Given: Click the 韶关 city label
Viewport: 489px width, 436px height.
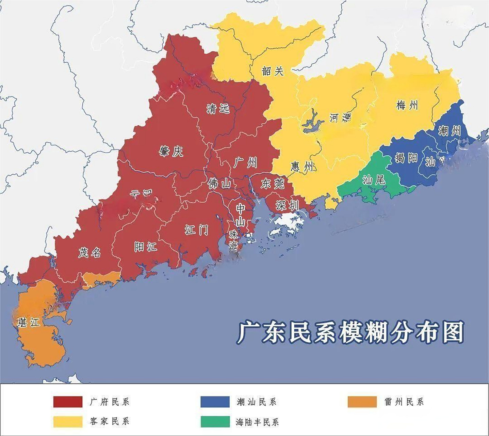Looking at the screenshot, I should pyautogui.click(x=273, y=71).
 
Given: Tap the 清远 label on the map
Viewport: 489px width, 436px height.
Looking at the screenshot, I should pyautogui.click(x=218, y=109).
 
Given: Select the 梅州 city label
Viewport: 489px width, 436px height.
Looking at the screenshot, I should pyautogui.click(x=407, y=105).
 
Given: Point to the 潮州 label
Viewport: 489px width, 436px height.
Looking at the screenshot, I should pyautogui.click(x=450, y=130).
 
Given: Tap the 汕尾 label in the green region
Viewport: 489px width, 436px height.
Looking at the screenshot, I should pyautogui.click(x=374, y=180).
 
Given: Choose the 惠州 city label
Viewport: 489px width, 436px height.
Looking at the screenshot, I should pyautogui.click(x=302, y=167).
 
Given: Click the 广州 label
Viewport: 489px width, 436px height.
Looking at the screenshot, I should pyautogui.click(x=245, y=163).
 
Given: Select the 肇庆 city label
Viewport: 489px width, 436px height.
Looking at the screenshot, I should pyautogui.click(x=171, y=151).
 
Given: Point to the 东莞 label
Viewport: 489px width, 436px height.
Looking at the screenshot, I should pyautogui.click(x=272, y=184).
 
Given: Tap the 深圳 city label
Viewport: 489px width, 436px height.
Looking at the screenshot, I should pyautogui.click(x=288, y=205).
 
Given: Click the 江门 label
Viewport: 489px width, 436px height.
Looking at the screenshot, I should pyautogui.click(x=197, y=230).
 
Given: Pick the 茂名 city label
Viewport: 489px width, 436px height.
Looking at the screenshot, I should pyautogui.click(x=89, y=252).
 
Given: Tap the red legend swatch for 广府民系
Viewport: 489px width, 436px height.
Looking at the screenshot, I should pyautogui.click(x=68, y=402).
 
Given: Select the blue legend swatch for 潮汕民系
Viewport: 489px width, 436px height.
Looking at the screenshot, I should pyautogui.click(x=215, y=402).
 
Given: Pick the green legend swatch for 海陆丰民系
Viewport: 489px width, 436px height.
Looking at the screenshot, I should pyautogui.click(x=215, y=422).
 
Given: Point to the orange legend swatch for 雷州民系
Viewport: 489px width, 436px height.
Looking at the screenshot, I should pyautogui.click(x=362, y=402).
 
